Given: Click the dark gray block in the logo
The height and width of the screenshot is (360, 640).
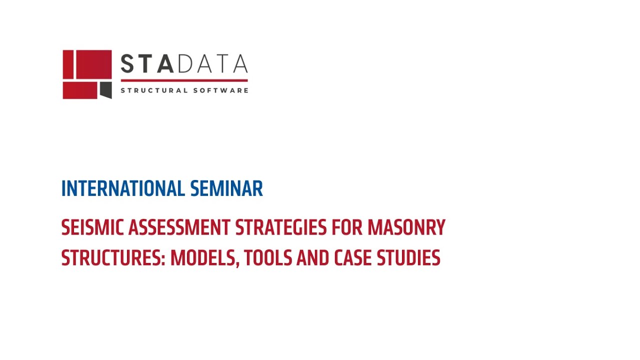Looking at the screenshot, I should [x=105, y=89].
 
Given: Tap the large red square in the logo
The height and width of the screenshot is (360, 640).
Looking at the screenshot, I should [x=93, y=64].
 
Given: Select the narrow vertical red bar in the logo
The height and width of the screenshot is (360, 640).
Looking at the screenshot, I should [x=68, y=64].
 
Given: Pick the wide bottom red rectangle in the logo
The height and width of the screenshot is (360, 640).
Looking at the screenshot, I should [x=80, y=90].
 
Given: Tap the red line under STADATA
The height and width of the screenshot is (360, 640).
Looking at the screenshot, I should [x=184, y=80].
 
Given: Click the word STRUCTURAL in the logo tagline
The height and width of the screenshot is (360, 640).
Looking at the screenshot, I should [x=154, y=90].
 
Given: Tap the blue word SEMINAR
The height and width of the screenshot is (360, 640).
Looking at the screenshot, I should [x=226, y=189].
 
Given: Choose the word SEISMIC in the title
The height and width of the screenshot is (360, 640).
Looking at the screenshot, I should [x=92, y=228].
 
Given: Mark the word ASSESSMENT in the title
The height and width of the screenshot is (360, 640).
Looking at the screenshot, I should [x=179, y=228].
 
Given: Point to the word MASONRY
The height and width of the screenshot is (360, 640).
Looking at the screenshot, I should [x=406, y=228].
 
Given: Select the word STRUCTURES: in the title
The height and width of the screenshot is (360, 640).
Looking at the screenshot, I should [x=113, y=258].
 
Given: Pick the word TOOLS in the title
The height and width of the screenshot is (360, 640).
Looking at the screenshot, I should [x=268, y=258].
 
